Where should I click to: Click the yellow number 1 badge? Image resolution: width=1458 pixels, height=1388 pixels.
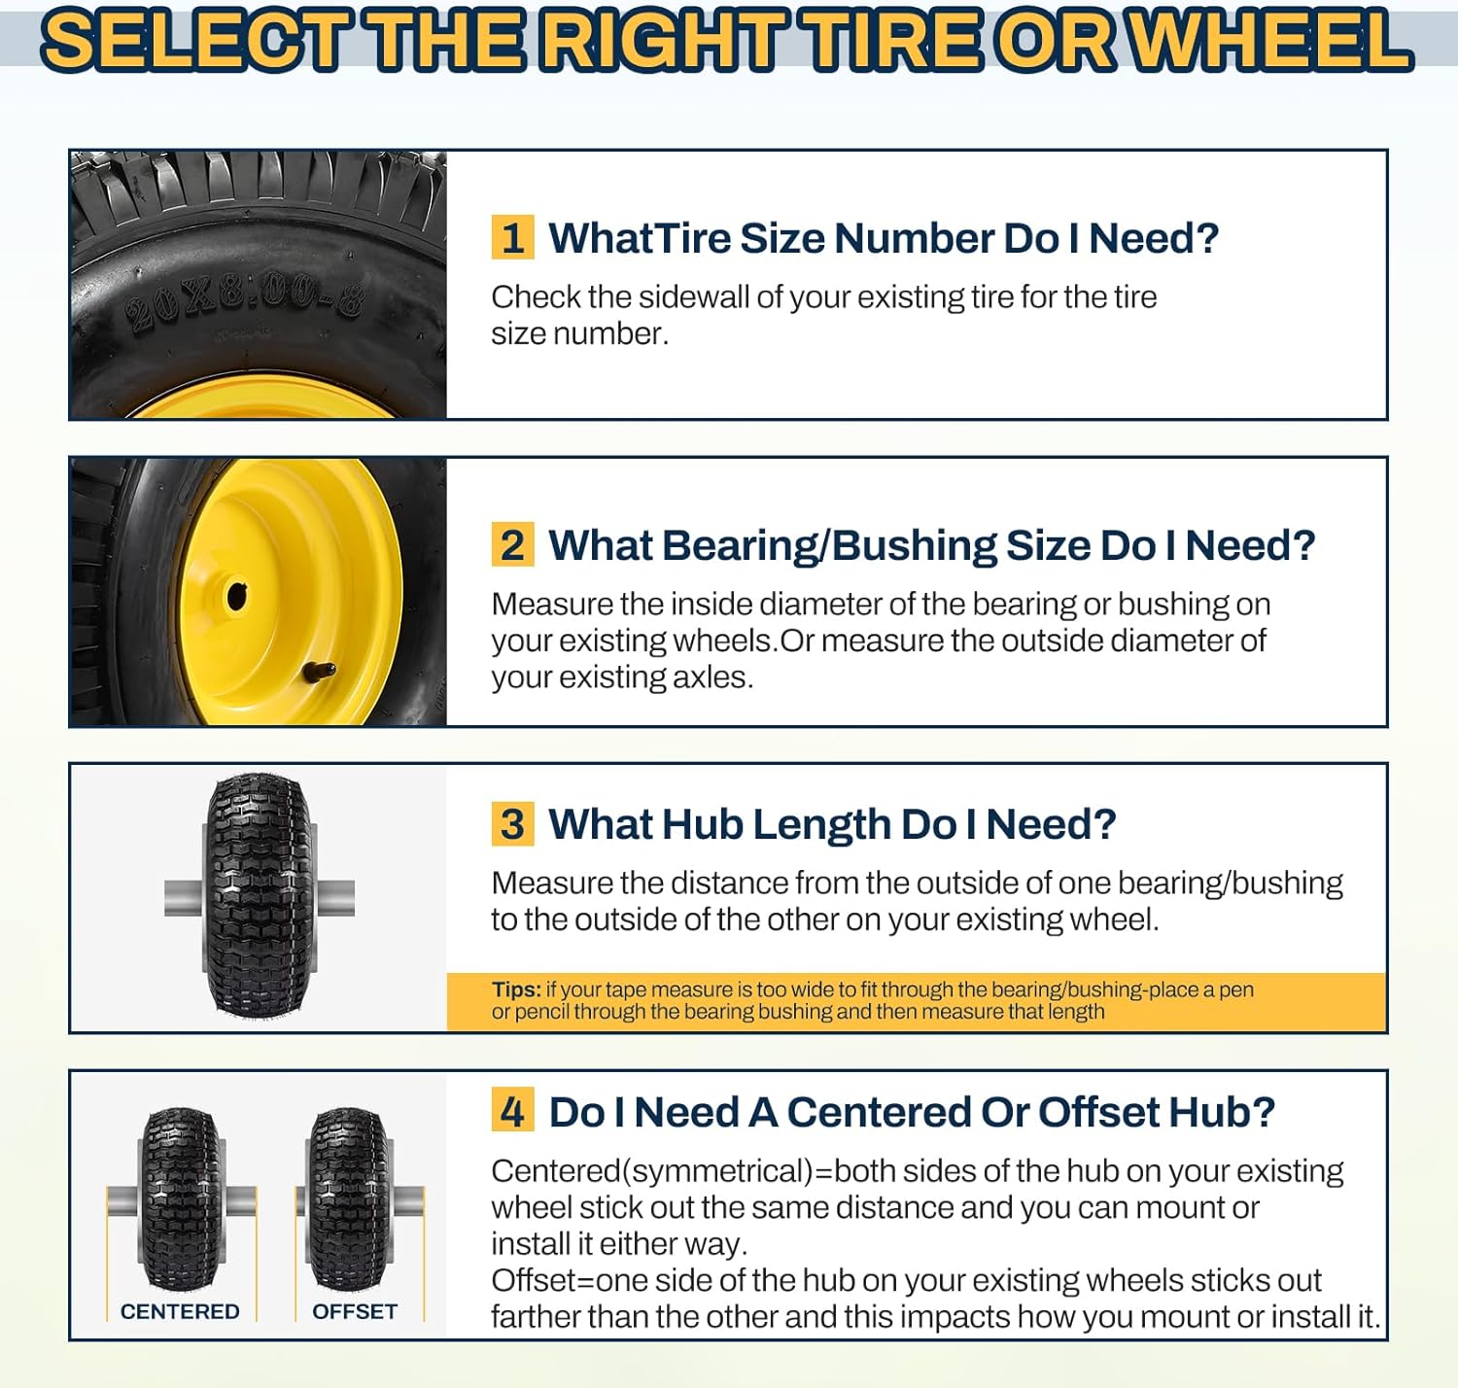pos(512,238)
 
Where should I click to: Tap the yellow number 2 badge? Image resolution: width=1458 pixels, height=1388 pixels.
pos(512,545)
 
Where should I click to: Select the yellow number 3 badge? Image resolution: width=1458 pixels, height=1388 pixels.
pos(512,824)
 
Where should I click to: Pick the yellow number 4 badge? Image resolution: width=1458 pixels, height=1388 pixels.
pos(512,1112)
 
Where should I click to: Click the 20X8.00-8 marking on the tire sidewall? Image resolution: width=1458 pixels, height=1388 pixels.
pos(244,301)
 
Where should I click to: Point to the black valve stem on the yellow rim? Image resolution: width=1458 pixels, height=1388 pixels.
pos(320,671)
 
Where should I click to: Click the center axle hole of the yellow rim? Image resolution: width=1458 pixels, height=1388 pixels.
pos(237,597)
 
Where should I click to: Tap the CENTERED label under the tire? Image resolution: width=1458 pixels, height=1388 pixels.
pos(180,1311)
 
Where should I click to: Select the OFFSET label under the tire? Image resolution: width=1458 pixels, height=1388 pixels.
pos(355,1311)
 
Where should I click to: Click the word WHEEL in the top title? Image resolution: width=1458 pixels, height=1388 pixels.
pos(1272,41)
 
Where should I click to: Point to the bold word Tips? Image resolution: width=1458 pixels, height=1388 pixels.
pos(516,989)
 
